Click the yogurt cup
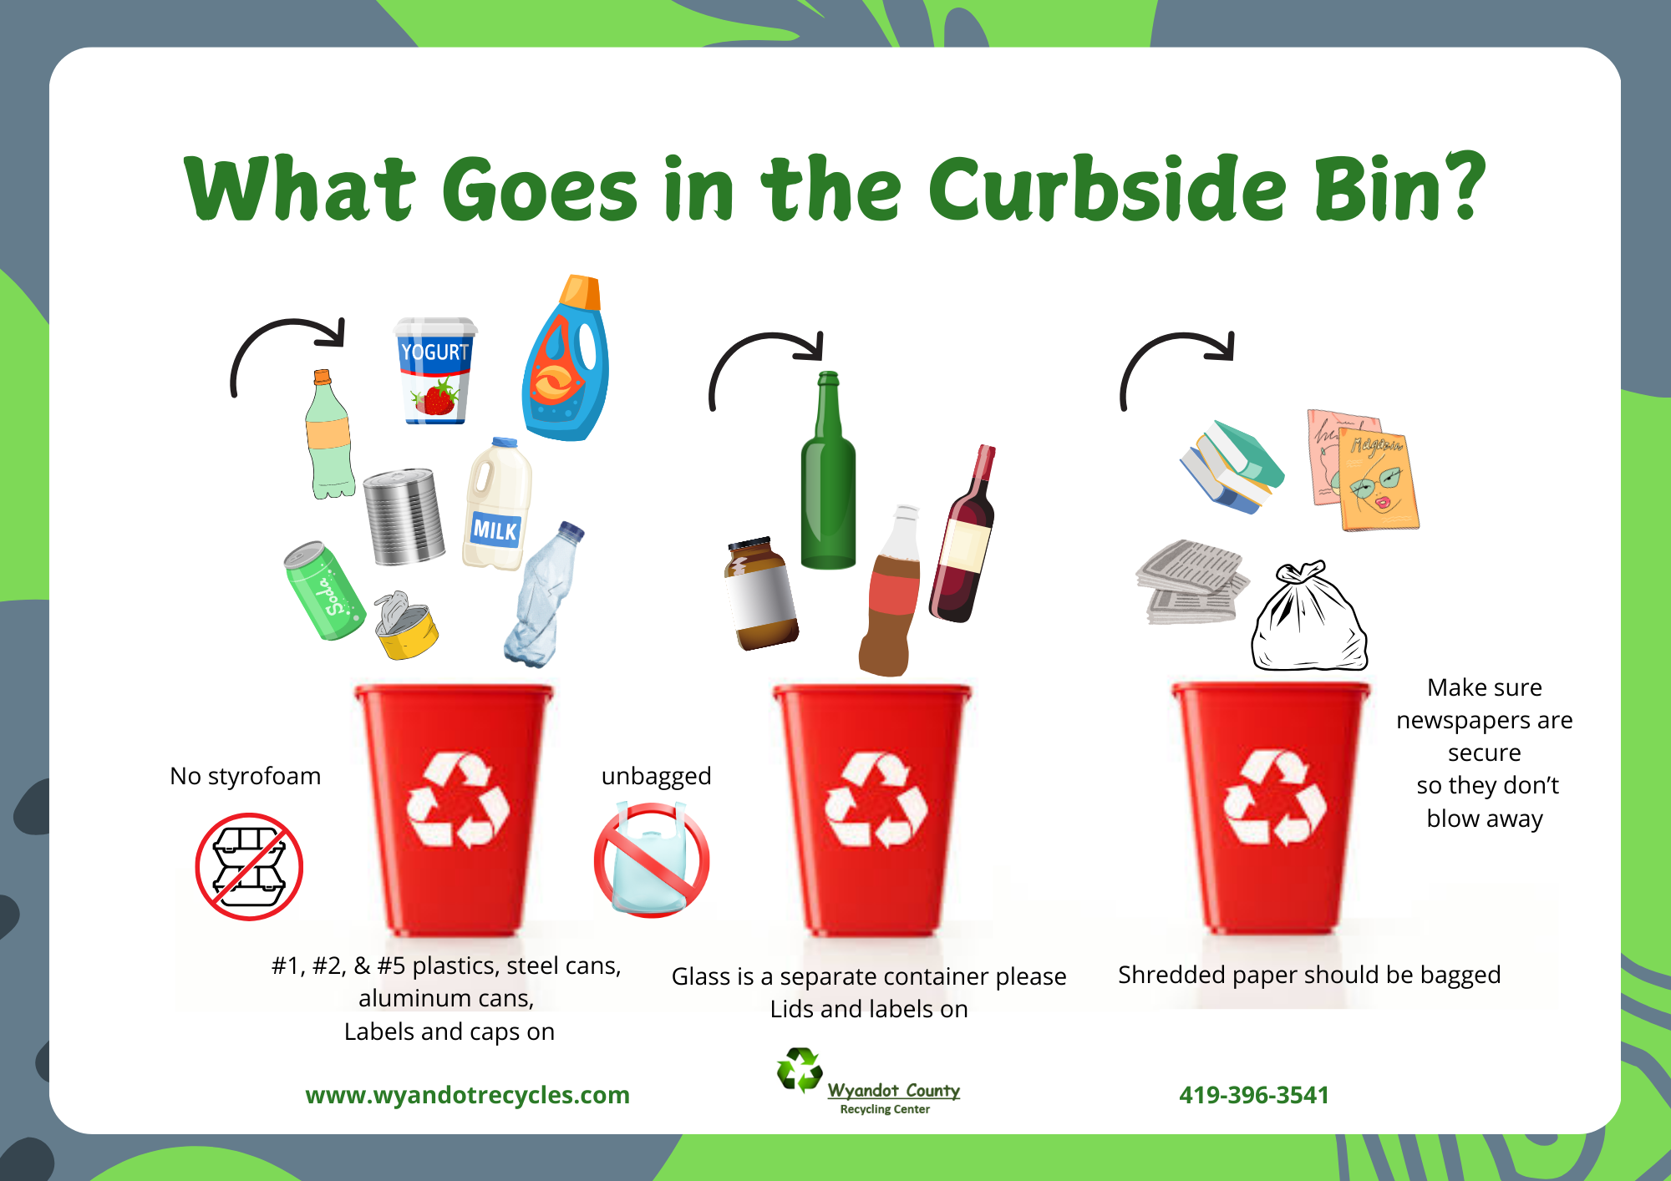[x=434, y=371]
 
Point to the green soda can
[x=324, y=590]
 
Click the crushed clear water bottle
[x=544, y=595]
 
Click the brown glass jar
[x=760, y=593]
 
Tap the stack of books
[x=1232, y=466]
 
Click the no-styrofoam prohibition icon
[x=249, y=866]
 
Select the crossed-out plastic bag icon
[x=652, y=860]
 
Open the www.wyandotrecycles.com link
[x=467, y=1095]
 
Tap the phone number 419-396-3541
[x=1253, y=1095]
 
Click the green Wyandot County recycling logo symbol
[x=800, y=1070]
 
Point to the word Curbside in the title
[x=1107, y=190]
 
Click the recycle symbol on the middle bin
[x=876, y=800]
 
